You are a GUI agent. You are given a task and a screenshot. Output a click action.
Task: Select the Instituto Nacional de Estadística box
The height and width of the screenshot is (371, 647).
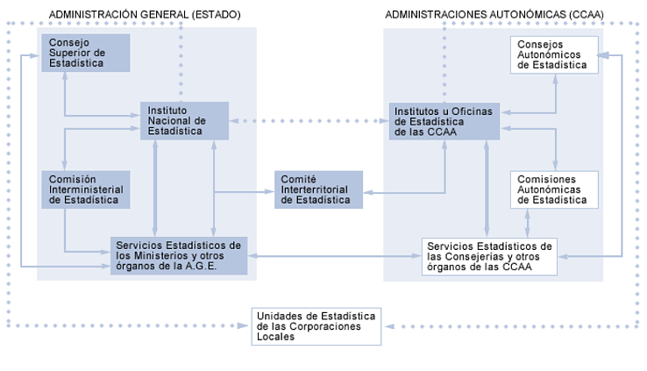coord(184,120)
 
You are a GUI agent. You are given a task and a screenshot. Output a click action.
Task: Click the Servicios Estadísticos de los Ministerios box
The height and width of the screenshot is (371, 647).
coord(178,255)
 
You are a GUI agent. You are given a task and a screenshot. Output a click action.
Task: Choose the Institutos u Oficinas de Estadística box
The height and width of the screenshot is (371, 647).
coord(445,120)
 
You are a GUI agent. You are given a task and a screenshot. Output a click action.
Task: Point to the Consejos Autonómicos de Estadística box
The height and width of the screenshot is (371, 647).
coord(553,54)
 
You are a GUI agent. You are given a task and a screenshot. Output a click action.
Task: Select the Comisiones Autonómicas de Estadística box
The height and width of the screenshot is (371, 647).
coord(553,189)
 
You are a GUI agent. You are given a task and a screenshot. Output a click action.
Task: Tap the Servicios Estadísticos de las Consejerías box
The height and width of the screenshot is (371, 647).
coord(488,255)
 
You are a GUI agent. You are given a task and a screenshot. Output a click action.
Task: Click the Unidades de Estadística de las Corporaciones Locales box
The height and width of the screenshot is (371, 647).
coord(316,325)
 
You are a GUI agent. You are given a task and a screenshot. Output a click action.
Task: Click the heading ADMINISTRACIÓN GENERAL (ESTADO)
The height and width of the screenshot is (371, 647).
coord(145,15)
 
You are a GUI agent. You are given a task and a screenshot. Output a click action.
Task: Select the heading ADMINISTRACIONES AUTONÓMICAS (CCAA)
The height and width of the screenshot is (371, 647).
coord(494,15)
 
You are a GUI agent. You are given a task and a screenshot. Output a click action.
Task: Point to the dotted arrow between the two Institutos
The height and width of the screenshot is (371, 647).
coord(309,120)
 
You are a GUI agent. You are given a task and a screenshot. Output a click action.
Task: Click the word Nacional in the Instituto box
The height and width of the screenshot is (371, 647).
coord(167,120)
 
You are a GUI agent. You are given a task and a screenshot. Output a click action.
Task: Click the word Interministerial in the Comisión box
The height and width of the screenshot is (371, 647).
coord(86,189)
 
